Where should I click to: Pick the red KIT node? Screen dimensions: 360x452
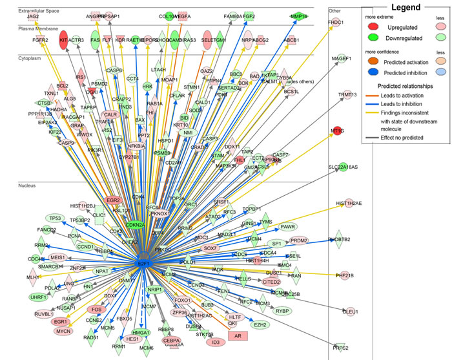63,39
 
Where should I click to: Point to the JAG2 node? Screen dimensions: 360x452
33,15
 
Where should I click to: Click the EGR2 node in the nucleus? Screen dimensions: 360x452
114,200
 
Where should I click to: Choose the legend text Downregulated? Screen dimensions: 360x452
405,39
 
